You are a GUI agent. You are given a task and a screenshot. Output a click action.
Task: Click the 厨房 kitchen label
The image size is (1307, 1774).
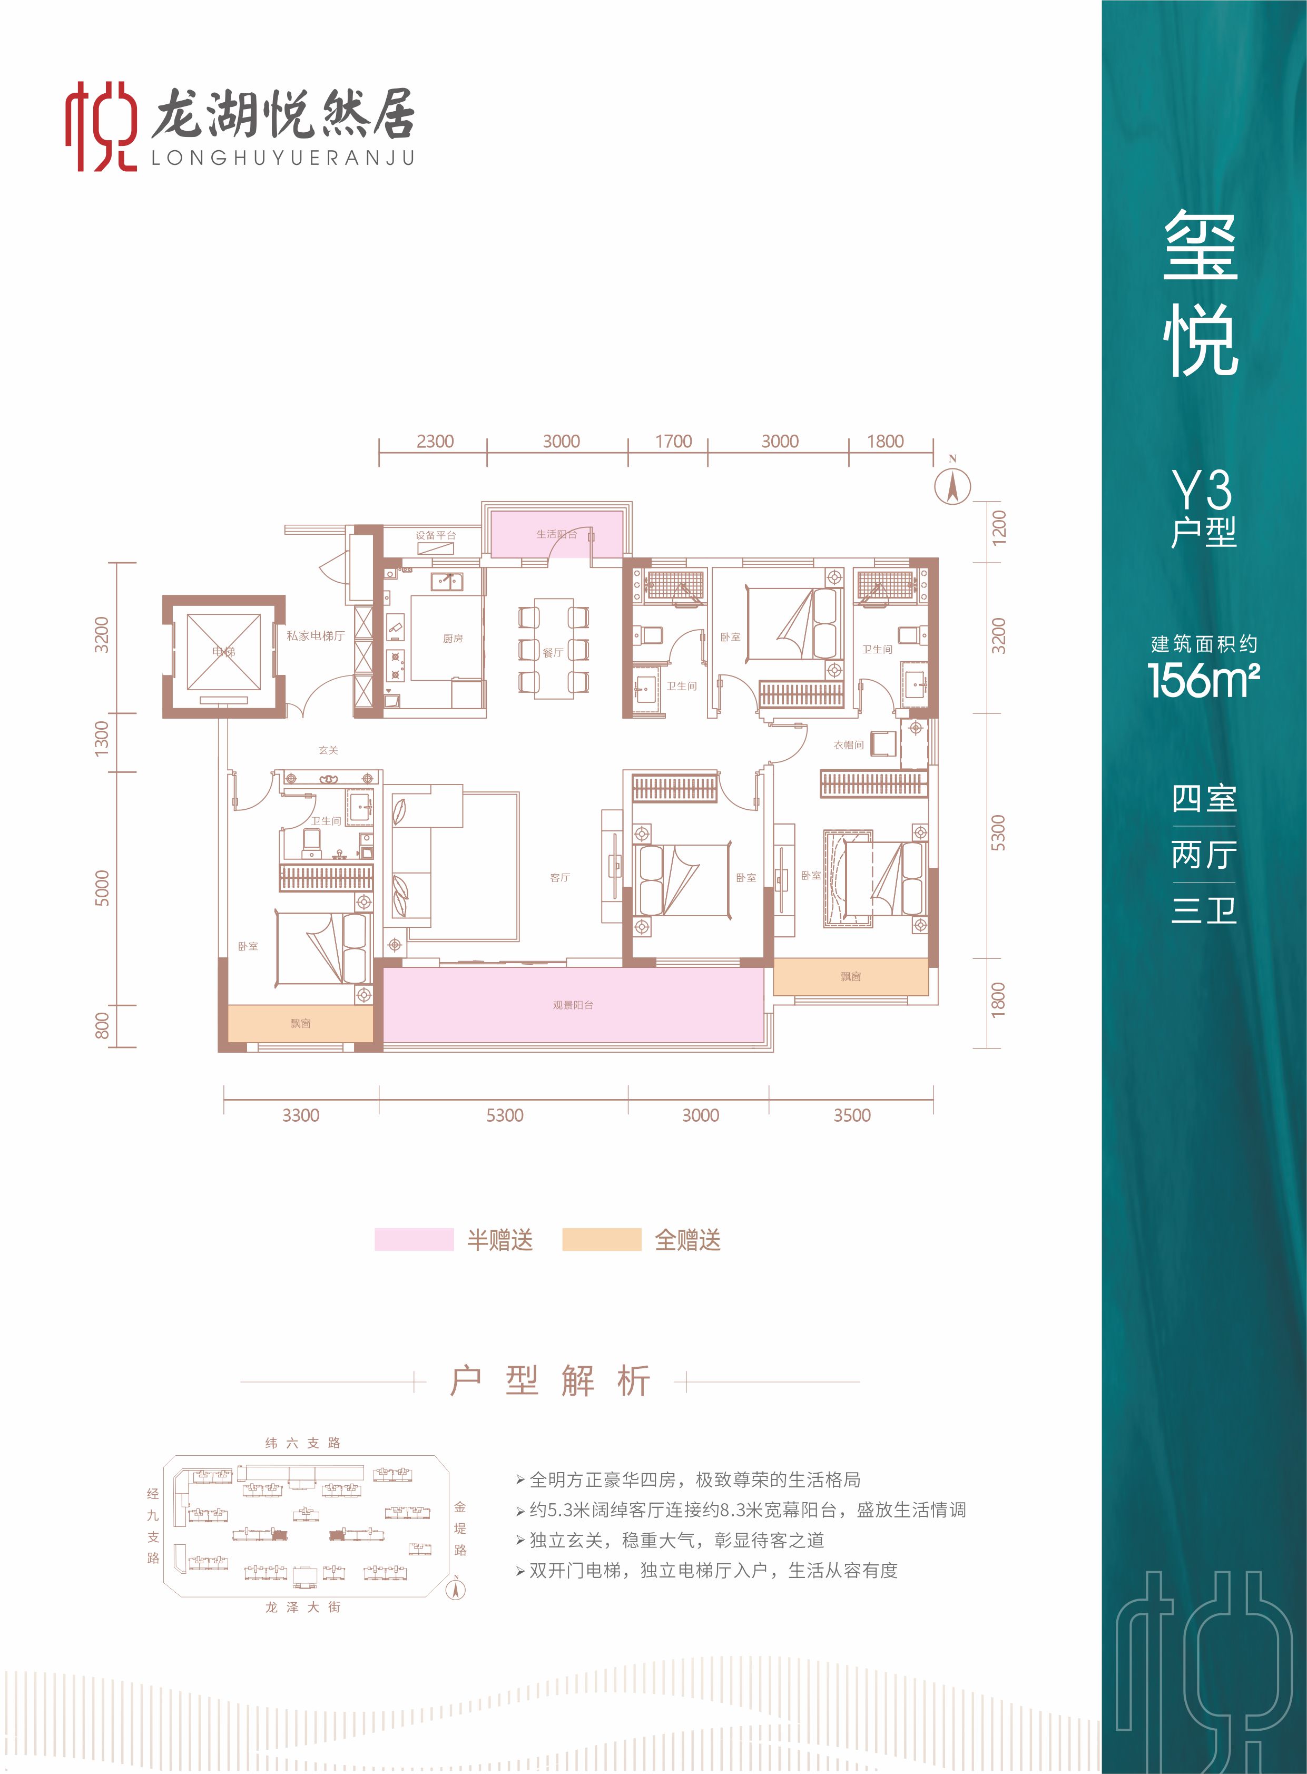[453, 639]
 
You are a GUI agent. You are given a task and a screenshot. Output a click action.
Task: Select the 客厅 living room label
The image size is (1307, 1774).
[560, 877]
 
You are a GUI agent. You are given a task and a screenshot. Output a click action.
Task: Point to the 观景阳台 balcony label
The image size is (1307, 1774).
[573, 1005]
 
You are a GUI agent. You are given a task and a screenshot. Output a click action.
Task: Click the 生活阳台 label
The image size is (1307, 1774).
[556, 534]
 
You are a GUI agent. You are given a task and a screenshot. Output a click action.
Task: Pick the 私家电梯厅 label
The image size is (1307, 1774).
[316, 635]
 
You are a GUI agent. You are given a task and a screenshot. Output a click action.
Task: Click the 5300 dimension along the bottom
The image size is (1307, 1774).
[504, 1116]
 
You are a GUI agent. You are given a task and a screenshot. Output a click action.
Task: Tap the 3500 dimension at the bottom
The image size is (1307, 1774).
[851, 1116]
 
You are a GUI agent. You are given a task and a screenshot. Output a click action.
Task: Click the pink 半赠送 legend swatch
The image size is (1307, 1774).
[414, 1240]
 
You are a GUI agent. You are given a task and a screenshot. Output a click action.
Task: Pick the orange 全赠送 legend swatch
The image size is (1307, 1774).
[601, 1240]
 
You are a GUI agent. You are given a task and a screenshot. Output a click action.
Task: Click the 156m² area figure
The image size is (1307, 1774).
[1203, 680]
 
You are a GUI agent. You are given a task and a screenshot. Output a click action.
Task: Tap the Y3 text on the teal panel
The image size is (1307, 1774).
[1203, 490]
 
